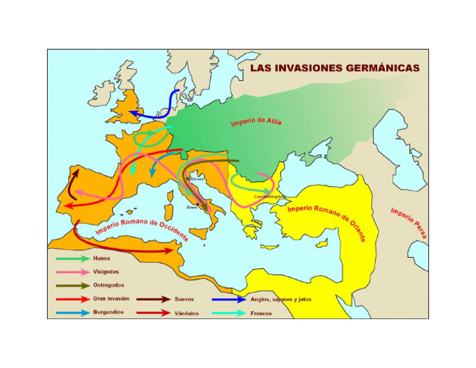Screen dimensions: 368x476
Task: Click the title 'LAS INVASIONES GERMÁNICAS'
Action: point(334,68)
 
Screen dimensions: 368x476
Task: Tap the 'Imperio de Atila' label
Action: point(256,120)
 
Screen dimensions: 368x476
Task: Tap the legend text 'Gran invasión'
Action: point(110,299)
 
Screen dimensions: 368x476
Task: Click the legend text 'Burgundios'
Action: point(108,312)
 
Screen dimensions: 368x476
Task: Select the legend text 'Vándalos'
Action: point(187,313)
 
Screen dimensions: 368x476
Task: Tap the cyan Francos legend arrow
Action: point(228,313)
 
